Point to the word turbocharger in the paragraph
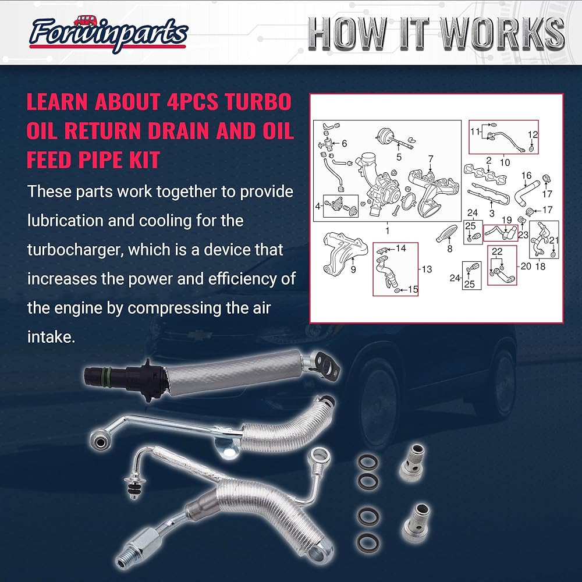[x=73, y=250]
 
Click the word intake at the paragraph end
[x=51, y=336]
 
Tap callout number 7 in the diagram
[x=431, y=158]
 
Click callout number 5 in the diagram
[x=399, y=157]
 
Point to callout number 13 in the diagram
[x=427, y=269]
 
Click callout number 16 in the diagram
[x=526, y=176]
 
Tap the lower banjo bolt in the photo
[x=417, y=516]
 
